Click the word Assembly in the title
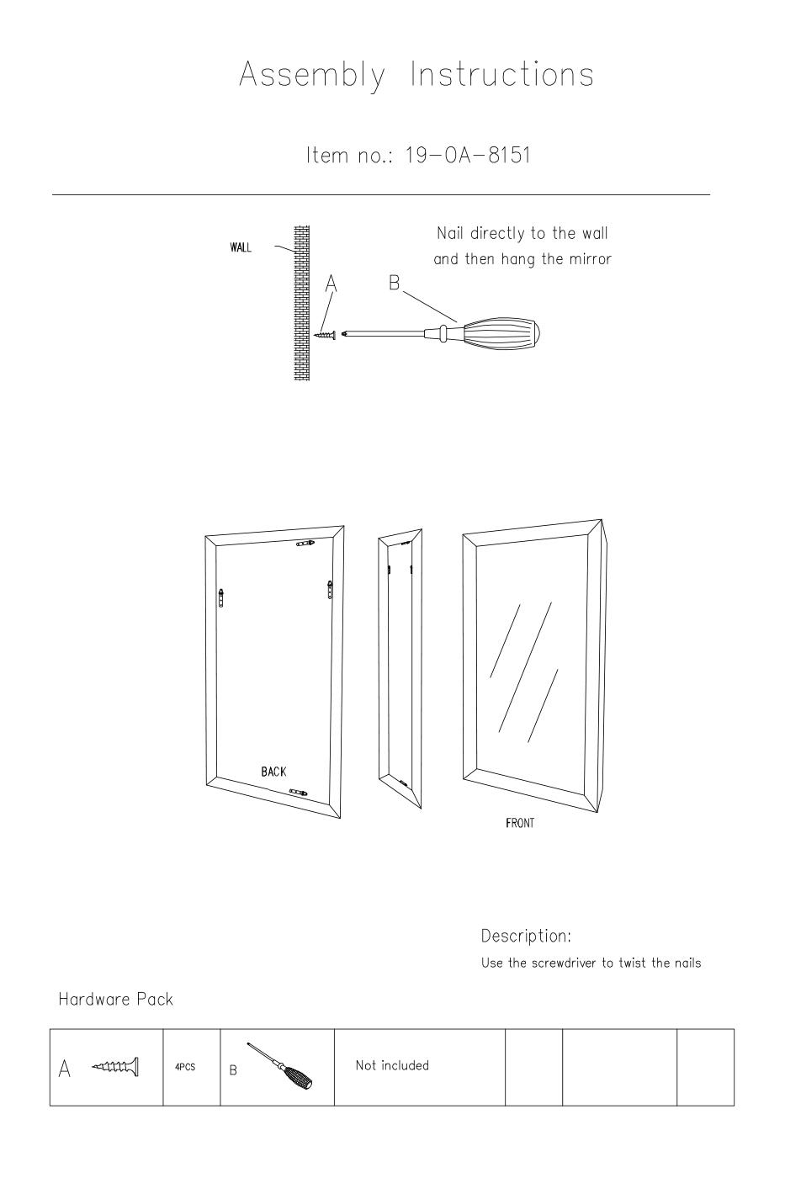click(x=312, y=76)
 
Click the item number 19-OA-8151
click(x=468, y=155)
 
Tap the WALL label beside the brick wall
click(x=241, y=247)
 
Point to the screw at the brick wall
click(x=326, y=335)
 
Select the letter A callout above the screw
click(x=331, y=283)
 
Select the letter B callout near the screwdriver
click(x=395, y=283)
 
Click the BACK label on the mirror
click(x=274, y=772)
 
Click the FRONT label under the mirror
click(x=520, y=823)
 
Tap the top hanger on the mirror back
click(x=306, y=544)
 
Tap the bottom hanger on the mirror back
click(x=298, y=792)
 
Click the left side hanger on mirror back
click(x=222, y=598)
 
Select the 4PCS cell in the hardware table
click(x=185, y=1067)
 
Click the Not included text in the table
click(x=392, y=1065)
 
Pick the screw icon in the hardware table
click(x=115, y=1067)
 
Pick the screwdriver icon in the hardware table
click(x=279, y=1065)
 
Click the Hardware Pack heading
click(x=115, y=1000)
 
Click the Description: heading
click(x=526, y=936)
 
